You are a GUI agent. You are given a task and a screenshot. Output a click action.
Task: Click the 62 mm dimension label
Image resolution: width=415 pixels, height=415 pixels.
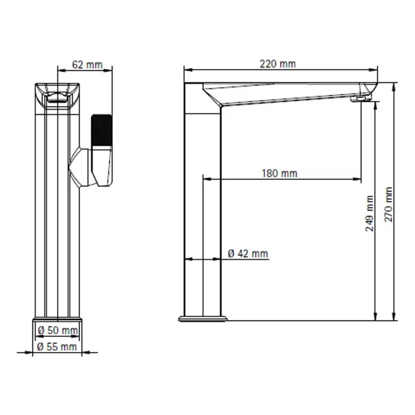[87, 64]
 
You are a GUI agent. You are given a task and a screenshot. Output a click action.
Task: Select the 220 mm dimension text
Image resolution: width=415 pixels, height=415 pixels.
[277, 64]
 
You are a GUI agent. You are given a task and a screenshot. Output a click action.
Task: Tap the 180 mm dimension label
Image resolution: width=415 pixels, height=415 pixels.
[279, 173]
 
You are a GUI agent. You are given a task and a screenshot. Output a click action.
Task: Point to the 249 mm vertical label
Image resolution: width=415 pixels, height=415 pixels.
[369, 213]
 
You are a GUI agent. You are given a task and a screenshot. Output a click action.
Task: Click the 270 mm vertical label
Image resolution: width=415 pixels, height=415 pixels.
[388, 205]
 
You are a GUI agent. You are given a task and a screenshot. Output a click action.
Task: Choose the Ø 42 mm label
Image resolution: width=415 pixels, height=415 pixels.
[248, 254]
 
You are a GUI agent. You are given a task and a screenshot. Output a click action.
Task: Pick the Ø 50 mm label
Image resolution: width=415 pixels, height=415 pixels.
[58, 330]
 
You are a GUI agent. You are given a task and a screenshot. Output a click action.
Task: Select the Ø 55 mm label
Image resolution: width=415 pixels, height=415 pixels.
[57, 347]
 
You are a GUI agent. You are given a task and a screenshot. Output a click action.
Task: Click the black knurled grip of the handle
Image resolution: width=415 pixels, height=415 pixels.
[101, 130]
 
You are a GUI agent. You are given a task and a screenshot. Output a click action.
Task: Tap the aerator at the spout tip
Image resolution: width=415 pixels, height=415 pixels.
[360, 99]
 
